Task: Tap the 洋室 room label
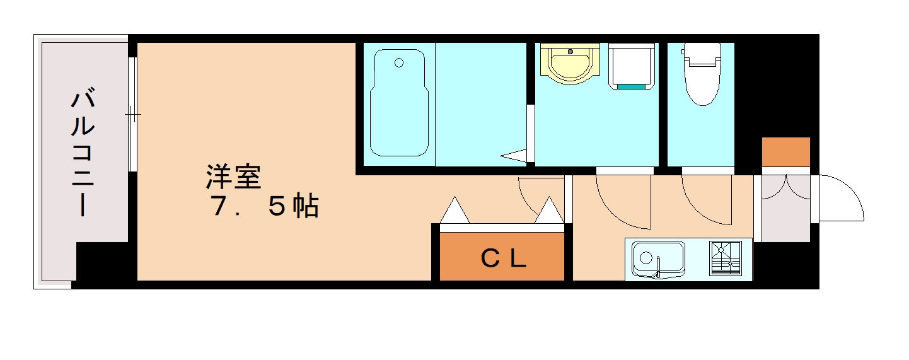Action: [233, 177]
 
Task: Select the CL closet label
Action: [503, 258]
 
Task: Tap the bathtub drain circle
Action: [398, 62]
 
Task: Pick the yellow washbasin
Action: [569, 63]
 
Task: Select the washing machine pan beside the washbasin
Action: [632, 66]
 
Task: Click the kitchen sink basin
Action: [658, 258]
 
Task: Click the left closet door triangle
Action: [455, 211]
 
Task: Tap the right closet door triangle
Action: [550, 211]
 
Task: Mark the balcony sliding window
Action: [132, 114]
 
